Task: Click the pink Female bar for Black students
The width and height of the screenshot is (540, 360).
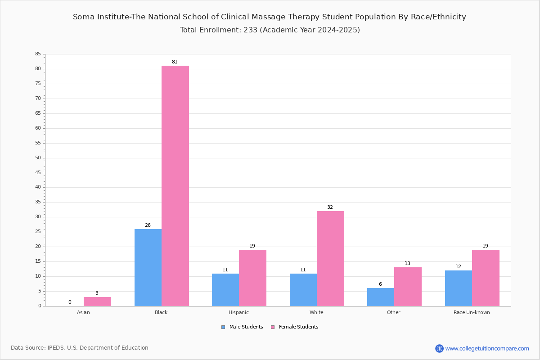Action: coord(175,186)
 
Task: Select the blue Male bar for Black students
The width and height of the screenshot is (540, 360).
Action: coord(148,268)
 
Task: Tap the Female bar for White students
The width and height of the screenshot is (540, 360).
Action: coord(330,259)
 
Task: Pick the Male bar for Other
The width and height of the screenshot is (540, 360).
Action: coord(381,297)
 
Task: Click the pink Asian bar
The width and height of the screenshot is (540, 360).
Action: coord(97,301)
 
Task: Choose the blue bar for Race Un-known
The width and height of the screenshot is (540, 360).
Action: coord(459,288)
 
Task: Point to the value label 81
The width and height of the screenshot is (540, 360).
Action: coord(175,62)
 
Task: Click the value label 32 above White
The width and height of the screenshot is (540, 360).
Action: coord(330,207)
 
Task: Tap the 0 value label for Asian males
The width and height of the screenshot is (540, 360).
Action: coord(70,302)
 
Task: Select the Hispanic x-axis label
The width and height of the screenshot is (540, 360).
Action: coord(238,312)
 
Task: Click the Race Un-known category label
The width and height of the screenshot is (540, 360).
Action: coord(472,312)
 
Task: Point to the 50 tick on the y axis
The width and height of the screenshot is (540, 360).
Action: coord(38,158)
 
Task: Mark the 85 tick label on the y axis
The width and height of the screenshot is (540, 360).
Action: coord(38,54)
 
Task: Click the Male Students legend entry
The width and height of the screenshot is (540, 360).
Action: coord(242,327)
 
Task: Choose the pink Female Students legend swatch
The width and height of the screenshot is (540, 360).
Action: coord(273,327)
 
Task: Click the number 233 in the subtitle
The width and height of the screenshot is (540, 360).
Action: coord(251,30)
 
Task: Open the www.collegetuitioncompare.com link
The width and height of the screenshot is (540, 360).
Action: coord(487,348)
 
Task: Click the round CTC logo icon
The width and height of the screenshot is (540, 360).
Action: coord(439,348)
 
